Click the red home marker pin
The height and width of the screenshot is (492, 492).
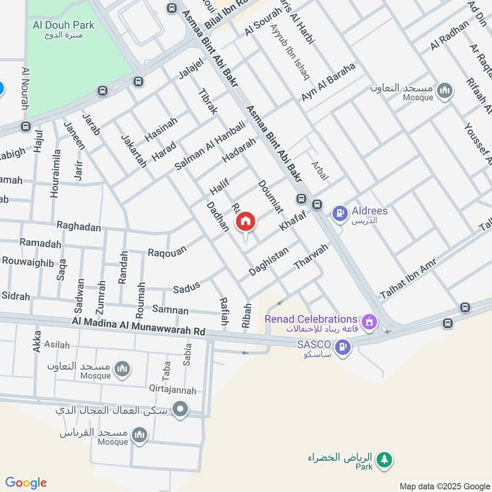click(x=245, y=222)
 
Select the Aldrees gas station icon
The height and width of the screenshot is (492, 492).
click(x=339, y=214)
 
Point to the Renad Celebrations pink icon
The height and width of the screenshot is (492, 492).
click(x=369, y=320)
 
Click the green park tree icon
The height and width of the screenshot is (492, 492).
click(x=385, y=459)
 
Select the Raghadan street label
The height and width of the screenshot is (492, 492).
click(x=78, y=227)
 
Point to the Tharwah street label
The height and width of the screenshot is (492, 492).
click(x=311, y=257)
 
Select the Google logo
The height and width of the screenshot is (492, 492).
click(x=25, y=483)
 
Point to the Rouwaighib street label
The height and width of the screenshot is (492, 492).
click(x=28, y=261)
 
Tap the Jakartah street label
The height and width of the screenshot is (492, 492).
click(x=134, y=151)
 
